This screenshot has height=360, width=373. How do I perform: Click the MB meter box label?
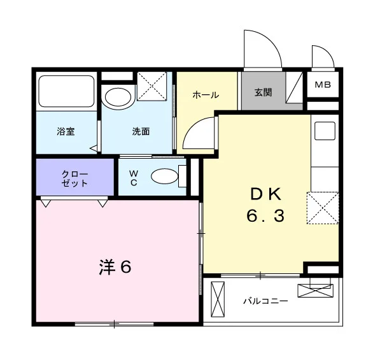(x=323, y=85)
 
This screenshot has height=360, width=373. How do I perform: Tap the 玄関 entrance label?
(x=264, y=92)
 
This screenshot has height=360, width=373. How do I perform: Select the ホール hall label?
(x=206, y=95)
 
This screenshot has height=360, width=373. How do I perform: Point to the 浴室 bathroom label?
(x=66, y=131)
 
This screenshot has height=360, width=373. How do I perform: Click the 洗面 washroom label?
(x=141, y=131)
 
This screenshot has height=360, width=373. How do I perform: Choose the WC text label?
(x=134, y=178)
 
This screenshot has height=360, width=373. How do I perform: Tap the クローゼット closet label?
(x=74, y=178)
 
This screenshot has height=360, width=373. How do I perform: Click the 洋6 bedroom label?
(x=115, y=267)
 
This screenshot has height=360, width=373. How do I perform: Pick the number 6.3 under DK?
(x=265, y=216)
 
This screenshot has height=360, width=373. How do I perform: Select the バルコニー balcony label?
(x=265, y=301)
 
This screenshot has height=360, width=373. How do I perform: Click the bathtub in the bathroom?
(x=66, y=91)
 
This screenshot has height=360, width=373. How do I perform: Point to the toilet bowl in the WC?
(x=164, y=176)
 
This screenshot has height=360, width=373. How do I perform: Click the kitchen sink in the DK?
(x=325, y=131)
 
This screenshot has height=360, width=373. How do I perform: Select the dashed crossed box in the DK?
(x=323, y=208)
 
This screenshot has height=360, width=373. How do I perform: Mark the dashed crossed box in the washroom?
(x=152, y=86)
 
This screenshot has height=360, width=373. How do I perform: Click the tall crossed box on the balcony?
(x=218, y=299)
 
